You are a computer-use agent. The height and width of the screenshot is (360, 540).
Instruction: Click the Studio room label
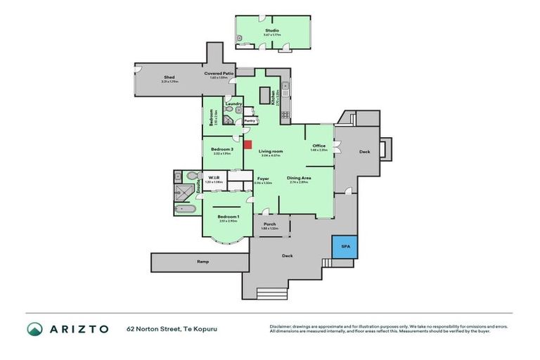point(271,31)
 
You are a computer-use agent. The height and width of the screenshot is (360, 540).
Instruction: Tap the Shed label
point(169,77)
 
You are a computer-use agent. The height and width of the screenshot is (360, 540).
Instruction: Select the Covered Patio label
point(219,73)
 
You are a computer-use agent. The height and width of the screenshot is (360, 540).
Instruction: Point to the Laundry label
point(234,104)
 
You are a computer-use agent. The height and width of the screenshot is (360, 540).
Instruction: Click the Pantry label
point(249,121)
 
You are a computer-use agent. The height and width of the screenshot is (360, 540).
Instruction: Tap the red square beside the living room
point(247,145)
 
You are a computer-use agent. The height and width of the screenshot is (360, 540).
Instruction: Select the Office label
point(319,146)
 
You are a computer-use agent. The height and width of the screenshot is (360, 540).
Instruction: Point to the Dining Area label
point(299,178)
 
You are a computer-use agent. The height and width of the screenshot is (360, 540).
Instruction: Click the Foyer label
point(263,179)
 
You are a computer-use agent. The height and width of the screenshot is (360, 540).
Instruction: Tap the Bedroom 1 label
point(228,216)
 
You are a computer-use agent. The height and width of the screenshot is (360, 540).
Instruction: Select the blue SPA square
point(345,247)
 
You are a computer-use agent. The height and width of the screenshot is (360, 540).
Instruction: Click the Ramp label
point(202,262)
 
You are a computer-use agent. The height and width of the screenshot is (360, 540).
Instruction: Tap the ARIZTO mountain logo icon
point(34,329)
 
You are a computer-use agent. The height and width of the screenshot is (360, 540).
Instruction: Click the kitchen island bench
point(266,95)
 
